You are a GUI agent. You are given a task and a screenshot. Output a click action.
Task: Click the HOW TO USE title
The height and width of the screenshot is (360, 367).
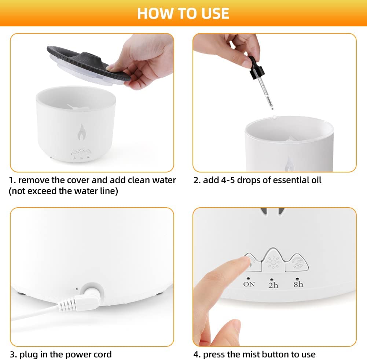tap(183, 13)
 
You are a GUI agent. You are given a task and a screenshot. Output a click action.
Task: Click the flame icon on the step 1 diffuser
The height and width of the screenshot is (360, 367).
tap(82, 132)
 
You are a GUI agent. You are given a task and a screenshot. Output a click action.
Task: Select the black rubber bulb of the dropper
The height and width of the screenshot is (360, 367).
tap(256, 68)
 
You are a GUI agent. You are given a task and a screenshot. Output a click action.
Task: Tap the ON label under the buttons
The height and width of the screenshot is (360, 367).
tap(249, 284)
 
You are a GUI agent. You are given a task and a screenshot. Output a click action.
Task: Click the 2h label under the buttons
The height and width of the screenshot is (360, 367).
tap(273, 285)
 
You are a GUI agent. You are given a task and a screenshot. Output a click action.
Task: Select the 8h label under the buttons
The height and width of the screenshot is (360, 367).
tap(298, 284)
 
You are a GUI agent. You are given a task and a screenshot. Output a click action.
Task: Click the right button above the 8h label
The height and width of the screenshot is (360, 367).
tap(297, 263)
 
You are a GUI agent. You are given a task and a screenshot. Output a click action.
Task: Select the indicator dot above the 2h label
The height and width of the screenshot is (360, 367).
tap(272, 279)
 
